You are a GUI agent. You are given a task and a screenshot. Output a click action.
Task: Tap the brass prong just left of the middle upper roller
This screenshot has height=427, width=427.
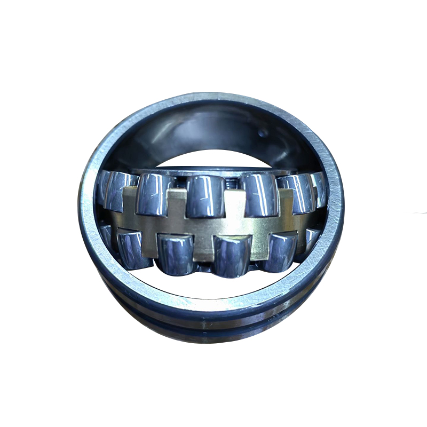point(176,205)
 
